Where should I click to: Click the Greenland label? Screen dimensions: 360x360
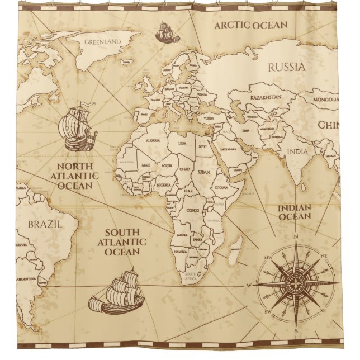pyautogui.click(x=103, y=41)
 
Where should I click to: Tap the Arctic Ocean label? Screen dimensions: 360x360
pyautogui.click(x=251, y=25)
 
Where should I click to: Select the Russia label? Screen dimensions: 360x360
pyautogui.click(x=287, y=67)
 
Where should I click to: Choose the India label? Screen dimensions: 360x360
pyautogui.click(x=297, y=151)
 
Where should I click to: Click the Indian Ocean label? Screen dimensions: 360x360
pyautogui.click(x=295, y=212)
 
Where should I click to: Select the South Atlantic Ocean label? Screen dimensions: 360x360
pyautogui.click(x=122, y=241)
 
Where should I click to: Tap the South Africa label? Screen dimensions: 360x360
pyautogui.click(x=190, y=276)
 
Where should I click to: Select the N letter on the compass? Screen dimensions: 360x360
pyautogui.click(x=296, y=236)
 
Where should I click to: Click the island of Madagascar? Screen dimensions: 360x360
pyautogui.click(x=237, y=245)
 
